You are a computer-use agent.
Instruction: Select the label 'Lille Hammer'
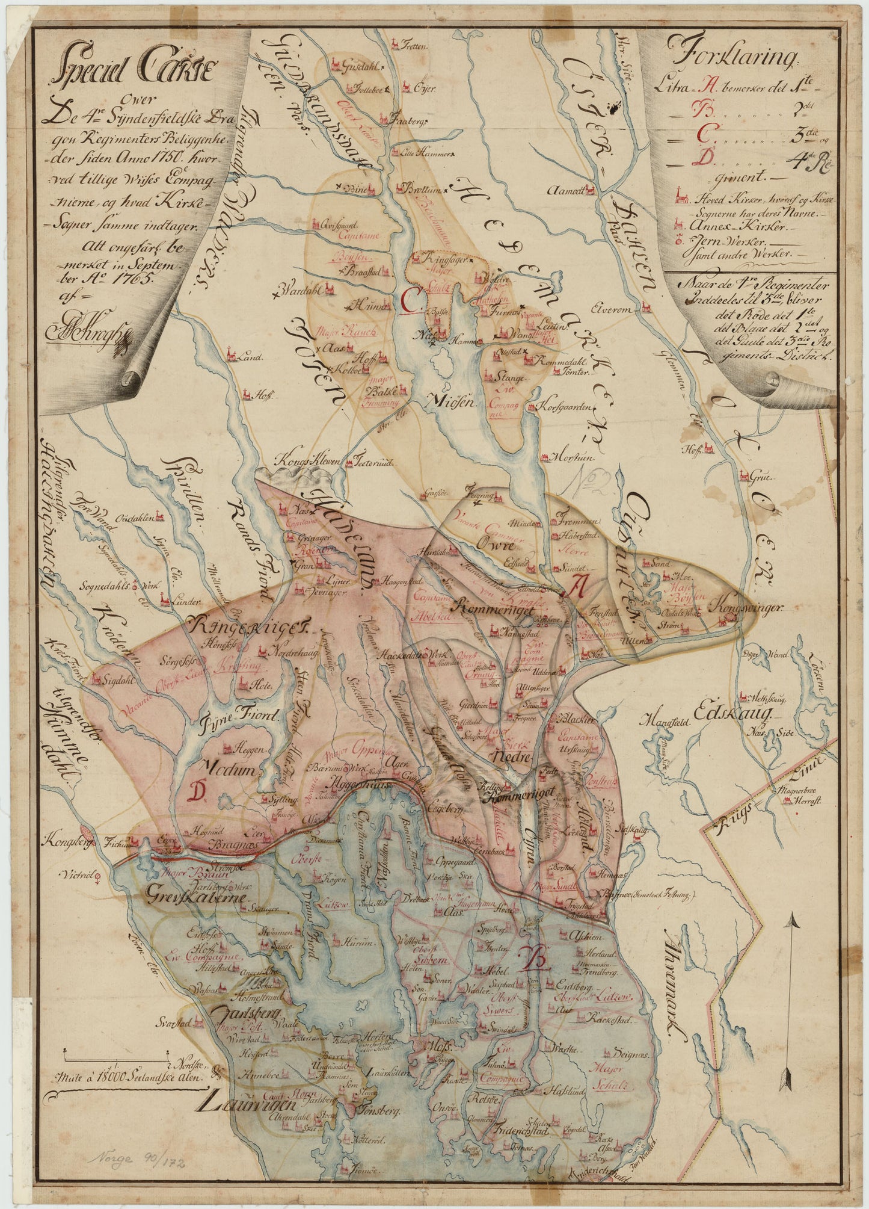[x=419, y=152]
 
